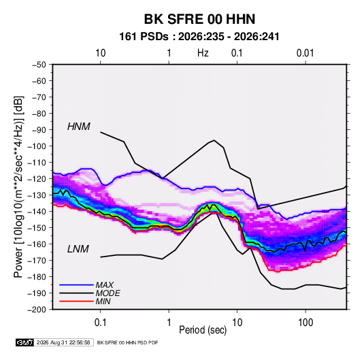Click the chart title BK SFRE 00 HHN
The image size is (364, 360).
point(199,19)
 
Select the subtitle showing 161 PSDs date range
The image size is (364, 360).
point(199,37)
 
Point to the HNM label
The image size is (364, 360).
point(79,127)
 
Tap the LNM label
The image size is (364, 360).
point(78,249)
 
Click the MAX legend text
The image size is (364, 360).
point(105,285)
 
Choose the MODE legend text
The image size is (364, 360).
point(108,293)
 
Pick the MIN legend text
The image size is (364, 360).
point(103,301)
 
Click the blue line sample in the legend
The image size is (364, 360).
point(76,285)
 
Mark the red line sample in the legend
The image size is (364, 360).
point(76,301)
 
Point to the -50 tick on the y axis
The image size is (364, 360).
point(39,65)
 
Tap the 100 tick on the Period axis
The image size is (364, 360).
point(305,323)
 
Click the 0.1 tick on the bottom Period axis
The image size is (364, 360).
point(100,323)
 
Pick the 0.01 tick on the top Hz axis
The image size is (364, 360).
point(305,53)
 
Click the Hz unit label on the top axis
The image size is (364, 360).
point(203,53)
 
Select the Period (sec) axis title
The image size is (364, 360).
point(203,330)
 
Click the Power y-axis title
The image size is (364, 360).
point(18,187)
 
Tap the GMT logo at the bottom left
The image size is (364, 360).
point(25,342)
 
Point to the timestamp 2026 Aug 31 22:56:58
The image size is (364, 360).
point(63,342)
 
